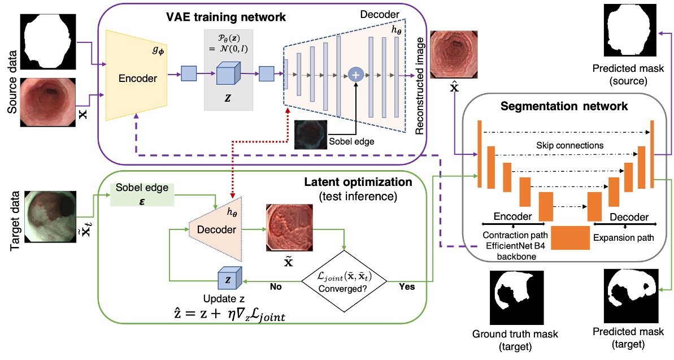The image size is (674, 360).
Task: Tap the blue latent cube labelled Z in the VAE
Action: pyautogui.click(x=227, y=74)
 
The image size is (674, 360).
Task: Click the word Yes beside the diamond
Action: pyautogui.click(x=406, y=287)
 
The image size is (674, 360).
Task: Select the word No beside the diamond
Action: pyautogui.click(x=276, y=287)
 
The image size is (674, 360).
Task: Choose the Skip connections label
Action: pyautogui.click(x=569, y=145)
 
